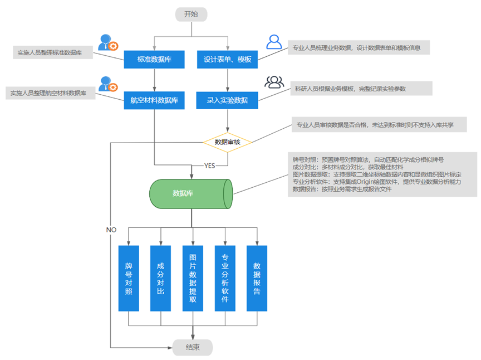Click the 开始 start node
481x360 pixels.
(191, 14)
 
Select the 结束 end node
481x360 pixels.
(193, 347)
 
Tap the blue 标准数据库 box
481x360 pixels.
(154, 59)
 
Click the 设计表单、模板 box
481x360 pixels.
(227, 59)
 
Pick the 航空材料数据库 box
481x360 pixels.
(154, 100)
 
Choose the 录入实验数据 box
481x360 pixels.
(227, 100)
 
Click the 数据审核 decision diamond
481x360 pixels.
(227, 142)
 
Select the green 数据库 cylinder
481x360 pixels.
(191, 194)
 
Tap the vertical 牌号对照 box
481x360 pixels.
(129, 278)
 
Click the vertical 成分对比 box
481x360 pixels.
(160, 278)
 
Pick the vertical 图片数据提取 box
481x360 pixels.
(193, 278)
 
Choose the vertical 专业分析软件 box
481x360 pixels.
(225, 278)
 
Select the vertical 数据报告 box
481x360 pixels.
(257, 278)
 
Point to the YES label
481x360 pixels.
(209, 166)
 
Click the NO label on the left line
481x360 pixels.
(111, 230)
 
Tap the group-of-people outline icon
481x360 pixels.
(274, 82)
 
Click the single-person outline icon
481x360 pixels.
(274, 42)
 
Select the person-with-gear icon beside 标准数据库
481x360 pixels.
(109, 42)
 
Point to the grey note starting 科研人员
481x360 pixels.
(361, 89)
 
